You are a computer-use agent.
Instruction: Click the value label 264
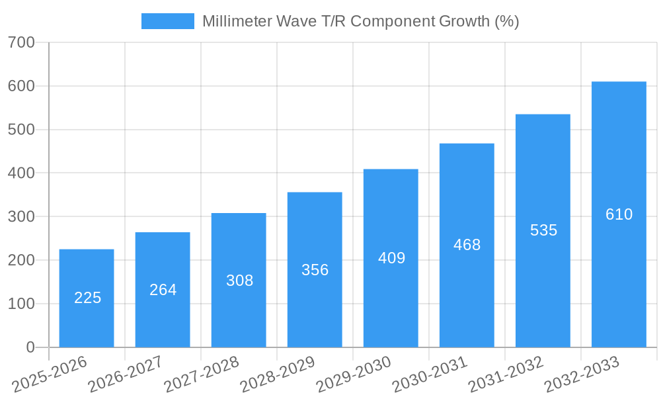[x=163, y=290]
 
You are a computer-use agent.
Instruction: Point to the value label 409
[x=391, y=258]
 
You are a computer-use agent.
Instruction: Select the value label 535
[x=543, y=230]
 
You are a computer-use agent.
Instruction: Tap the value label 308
[x=239, y=281]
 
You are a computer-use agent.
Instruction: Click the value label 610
[x=619, y=214]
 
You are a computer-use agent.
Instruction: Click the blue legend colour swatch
[x=168, y=21]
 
